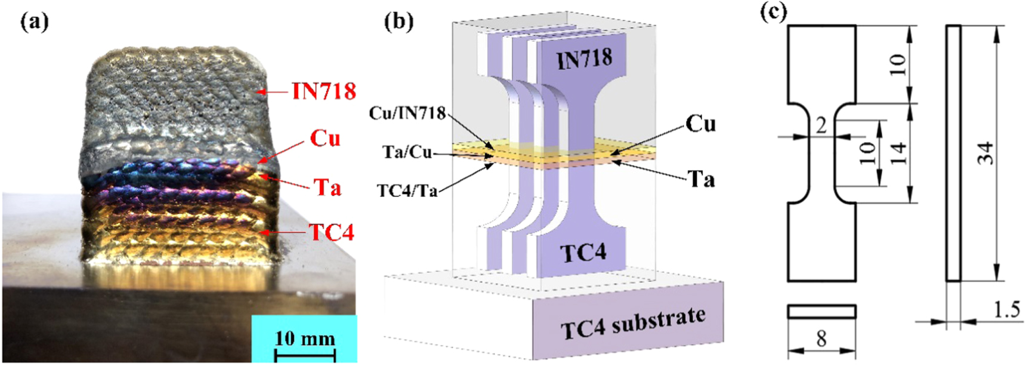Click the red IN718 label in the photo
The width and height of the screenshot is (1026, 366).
point(324,91)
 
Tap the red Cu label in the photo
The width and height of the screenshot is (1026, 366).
point(325,139)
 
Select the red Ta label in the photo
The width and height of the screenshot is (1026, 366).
point(327,187)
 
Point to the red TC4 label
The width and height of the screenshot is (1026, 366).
point(332,232)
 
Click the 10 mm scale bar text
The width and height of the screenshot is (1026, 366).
point(305,339)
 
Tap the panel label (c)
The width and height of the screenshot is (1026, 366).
point(774,13)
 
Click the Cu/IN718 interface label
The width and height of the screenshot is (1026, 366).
point(407,113)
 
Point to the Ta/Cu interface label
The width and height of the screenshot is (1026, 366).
point(407,152)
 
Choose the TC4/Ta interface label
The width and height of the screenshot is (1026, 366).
point(407,190)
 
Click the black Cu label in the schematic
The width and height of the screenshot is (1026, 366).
point(700,124)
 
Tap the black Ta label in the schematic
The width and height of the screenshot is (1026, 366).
point(701,179)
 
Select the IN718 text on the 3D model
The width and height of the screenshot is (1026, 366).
point(585,59)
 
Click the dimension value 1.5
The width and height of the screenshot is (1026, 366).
point(1006,310)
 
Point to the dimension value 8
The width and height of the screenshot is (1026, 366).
point(821,339)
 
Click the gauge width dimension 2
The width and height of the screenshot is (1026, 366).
point(821,126)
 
